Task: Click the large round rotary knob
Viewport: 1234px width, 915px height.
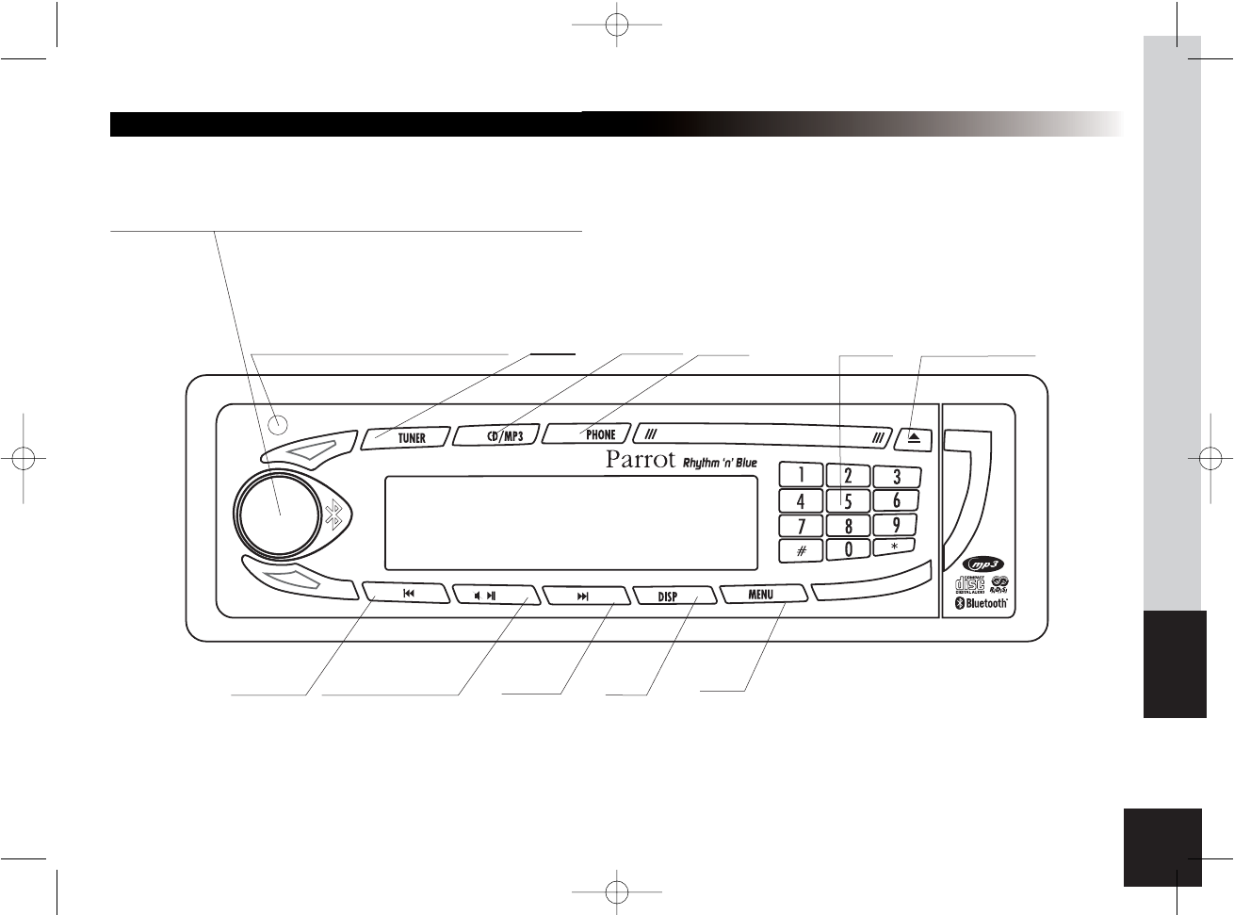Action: tap(280, 514)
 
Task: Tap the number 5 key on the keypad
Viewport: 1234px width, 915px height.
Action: tap(848, 500)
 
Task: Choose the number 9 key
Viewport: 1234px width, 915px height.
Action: tap(896, 525)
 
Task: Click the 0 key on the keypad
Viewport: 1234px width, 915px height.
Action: tap(848, 548)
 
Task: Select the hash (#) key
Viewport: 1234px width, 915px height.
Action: tap(801, 550)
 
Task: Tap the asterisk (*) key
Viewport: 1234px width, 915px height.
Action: tap(896, 547)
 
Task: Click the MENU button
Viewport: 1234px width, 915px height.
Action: tap(761, 595)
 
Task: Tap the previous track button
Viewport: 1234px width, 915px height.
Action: tap(408, 595)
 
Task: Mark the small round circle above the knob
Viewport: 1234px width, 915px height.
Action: tap(277, 425)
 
